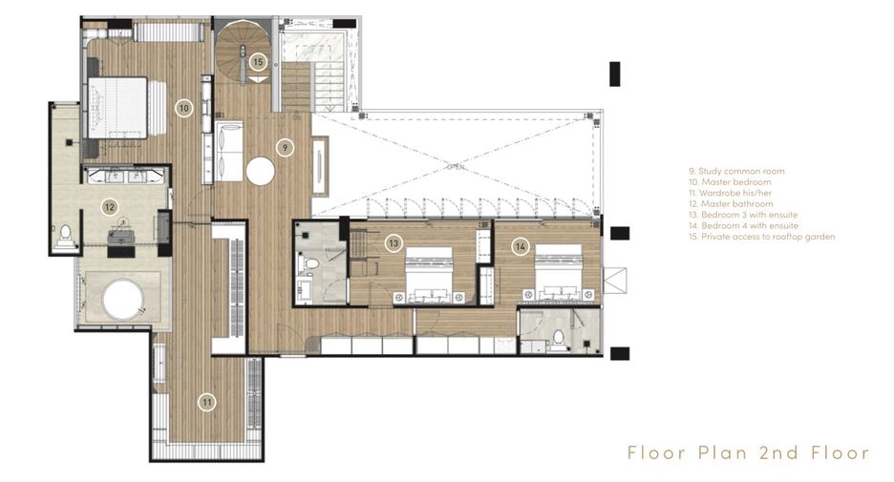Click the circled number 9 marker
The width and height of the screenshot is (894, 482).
[x=285, y=148]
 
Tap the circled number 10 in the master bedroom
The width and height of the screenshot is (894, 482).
[x=183, y=108]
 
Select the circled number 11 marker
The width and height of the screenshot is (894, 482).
[x=207, y=403]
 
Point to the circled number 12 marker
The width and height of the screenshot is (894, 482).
[x=110, y=207]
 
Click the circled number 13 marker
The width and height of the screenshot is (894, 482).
[x=394, y=243]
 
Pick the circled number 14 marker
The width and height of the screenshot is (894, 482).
[x=520, y=246]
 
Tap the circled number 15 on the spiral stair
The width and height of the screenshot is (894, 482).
[x=258, y=61]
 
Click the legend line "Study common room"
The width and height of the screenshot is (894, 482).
[x=736, y=171]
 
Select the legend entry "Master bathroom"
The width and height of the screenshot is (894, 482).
[x=731, y=204]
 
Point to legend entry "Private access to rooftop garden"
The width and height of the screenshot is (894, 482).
[x=761, y=237]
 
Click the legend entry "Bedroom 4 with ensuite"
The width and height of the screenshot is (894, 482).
[x=743, y=225]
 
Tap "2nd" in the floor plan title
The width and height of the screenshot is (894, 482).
[x=778, y=453]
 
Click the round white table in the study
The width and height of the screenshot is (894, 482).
[x=261, y=171]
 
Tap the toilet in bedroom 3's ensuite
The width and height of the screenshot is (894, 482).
[x=311, y=265]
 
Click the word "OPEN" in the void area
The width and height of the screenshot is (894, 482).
[x=456, y=167]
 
